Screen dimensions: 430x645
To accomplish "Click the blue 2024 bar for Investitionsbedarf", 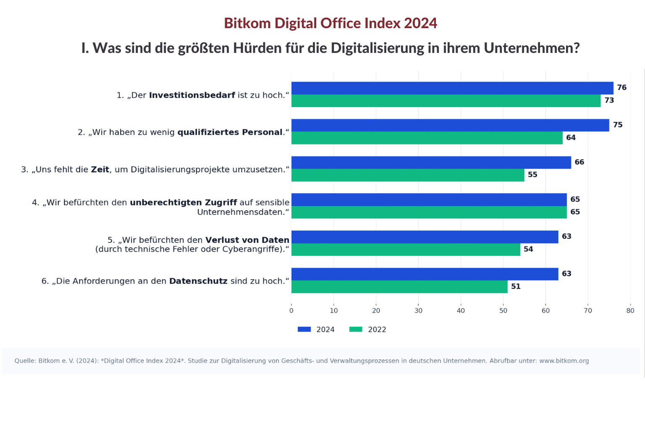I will pyautogui.click(x=452, y=88).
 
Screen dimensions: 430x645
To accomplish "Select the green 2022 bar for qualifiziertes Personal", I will pyautogui.click(x=427, y=138).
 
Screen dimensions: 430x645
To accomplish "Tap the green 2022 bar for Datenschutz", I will pyautogui.click(x=399, y=287).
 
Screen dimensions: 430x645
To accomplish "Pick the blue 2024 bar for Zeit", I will pyautogui.click(x=431, y=163).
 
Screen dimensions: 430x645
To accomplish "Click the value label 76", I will pyautogui.click(x=621, y=87).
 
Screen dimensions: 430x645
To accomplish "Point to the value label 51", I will pyautogui.click(x=516, y=286).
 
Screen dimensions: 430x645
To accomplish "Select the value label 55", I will pyautogui.click(x=532, y=175).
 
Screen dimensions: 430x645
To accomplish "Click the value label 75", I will pyautogui.click(x=617, y=125).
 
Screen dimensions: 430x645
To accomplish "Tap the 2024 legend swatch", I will pyautogui.click(x=304, y=330).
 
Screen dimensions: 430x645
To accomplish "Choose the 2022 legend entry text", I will pyautogui.click(x=377, y=330).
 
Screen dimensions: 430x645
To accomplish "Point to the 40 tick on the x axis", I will pyautogui.click(x=461, y=311).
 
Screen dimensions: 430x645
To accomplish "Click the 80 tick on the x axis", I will pyautogui.click(x=630, y=311).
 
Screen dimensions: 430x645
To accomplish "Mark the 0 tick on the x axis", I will pyautogui.click(x=291, y=311).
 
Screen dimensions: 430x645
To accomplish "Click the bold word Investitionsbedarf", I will pyautogui.click(x=192, y=95).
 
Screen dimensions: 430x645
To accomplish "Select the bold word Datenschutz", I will pyautogui.click(x=198, y=281).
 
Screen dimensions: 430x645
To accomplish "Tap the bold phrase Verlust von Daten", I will pyautogui.click(x=247, y=240).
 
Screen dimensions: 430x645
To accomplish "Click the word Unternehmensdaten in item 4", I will pyautogui.click(x=241, y=212).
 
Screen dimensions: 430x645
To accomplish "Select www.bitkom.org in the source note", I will pyautogui.click(x=564, y=361).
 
